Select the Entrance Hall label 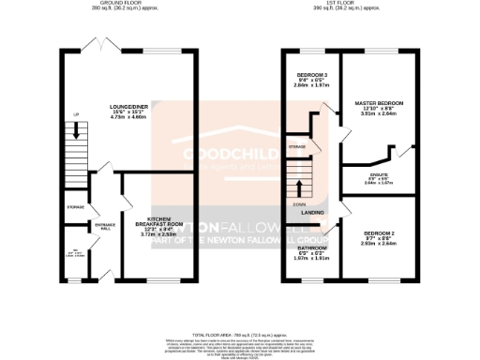(104, 227)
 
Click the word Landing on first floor (312, 213)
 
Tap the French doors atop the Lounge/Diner (95, 44)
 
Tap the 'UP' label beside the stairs (64, 115)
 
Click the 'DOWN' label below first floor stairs (298, 202)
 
